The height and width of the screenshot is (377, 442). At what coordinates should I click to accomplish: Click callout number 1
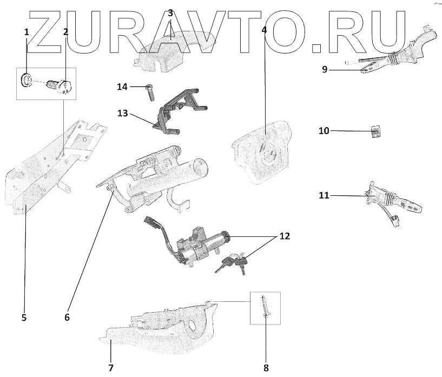coord(26,32)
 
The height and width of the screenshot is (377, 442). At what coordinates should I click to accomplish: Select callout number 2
coord(65,32)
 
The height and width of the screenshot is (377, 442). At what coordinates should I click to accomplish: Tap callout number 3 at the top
coord(170,12)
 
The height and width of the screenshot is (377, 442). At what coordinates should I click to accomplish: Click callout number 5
coord(24,318)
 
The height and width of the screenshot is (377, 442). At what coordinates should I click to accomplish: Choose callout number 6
coord(67,318)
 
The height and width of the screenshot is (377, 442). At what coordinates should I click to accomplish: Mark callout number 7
coord(110,368)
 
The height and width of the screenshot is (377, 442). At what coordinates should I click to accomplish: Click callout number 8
coord(266,368)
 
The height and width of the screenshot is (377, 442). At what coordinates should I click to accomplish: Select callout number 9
coord(325,69)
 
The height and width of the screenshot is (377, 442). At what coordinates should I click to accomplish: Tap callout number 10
coord(324,131)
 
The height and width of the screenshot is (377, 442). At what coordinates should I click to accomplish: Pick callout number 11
coord(324,195)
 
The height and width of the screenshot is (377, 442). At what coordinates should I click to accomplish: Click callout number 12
coord(285,236)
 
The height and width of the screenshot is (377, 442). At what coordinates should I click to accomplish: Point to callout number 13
coord(122,113)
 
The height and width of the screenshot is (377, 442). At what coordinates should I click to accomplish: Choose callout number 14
coord(122,87)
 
